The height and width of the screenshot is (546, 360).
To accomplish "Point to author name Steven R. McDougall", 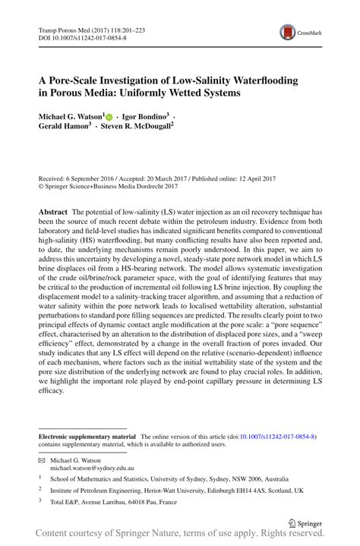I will tap(141, 127).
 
